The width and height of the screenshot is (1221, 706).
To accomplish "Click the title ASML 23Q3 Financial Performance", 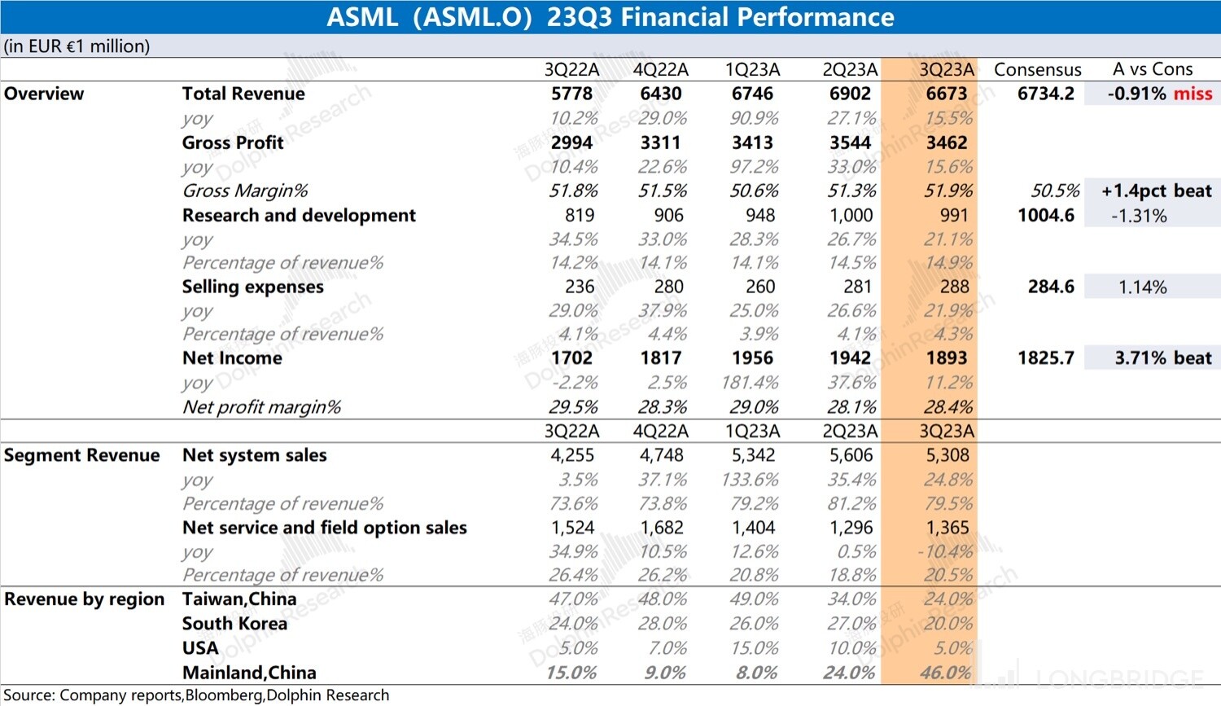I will point(610,17).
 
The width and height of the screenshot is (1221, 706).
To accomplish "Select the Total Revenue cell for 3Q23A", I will point(946,94).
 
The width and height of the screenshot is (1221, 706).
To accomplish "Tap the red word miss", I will point(1193,94).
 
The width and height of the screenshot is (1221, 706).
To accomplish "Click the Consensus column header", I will point(1037,70).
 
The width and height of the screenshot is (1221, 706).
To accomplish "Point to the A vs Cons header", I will point(1153,70).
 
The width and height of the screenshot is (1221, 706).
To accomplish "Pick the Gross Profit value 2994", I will point(571,143).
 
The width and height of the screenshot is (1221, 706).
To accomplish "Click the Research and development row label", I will point(299,216).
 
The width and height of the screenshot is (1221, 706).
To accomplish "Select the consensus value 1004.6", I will point(1045,216).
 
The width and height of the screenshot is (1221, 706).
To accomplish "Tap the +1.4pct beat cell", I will point(1156,191).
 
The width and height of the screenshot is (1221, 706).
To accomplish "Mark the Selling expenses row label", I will point(252,287).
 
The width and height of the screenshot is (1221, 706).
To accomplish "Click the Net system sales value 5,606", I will point(851,455).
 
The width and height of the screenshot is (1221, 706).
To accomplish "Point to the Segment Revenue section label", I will point(81,455).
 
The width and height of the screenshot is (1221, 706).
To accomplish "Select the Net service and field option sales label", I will point(324,528).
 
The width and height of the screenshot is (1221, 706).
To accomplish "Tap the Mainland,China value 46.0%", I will point(945,673).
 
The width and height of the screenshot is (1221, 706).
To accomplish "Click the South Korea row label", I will point(234,624).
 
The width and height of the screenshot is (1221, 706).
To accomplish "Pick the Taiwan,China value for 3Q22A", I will point(573,599).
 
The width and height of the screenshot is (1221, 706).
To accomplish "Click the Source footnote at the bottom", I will point(196,695).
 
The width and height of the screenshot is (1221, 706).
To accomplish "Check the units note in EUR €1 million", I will point(77,46).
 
